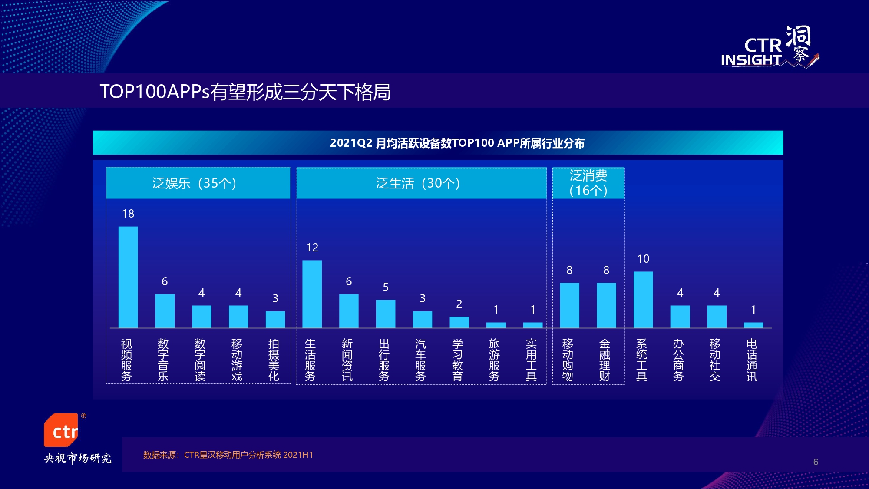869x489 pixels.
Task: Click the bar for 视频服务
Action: point(128,277)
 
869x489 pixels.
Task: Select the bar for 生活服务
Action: point(312,294)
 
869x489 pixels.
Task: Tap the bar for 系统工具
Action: point(643,300)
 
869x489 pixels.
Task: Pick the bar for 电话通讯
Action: point(753,325)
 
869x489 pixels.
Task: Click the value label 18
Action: point(128,214)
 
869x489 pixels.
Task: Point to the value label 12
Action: point(312,248)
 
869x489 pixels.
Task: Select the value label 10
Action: point(643,259)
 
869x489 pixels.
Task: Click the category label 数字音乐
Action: point(163,360)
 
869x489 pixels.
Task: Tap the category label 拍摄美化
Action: point(274,360)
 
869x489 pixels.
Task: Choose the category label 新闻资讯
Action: point(347,360)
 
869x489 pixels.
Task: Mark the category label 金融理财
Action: point(605,360)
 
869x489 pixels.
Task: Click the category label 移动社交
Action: point(715,360)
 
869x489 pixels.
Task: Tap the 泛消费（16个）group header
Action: point(588,183)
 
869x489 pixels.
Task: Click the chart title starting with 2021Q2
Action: point(457,143)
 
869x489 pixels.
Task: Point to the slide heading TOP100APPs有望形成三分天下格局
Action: point(245,92)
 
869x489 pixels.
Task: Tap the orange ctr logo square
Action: point(61,430)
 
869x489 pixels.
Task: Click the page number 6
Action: point(816,462)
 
